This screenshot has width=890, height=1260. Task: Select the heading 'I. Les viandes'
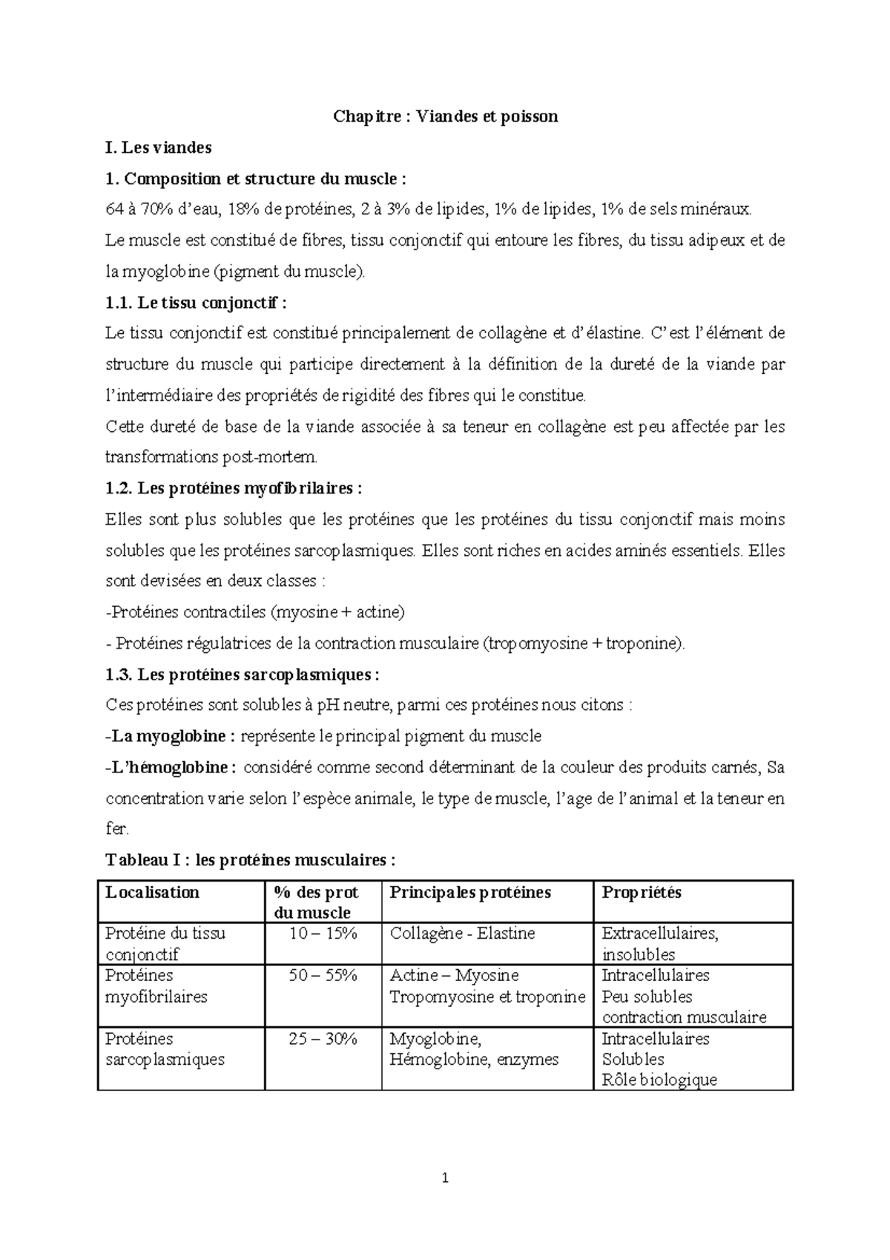point(158,148)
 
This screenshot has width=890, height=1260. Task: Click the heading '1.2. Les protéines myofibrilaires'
point(234,488)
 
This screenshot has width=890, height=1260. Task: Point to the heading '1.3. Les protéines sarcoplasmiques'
point(243,675)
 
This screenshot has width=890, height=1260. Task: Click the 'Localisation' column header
point(152,892)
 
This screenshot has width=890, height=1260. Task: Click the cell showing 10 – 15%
point(323,933)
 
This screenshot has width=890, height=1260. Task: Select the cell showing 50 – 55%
point(323,975)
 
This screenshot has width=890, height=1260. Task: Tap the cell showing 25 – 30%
point(323,1039)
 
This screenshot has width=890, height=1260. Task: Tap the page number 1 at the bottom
point(445,1178)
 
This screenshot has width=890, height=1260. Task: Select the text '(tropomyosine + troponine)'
point(584,643)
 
